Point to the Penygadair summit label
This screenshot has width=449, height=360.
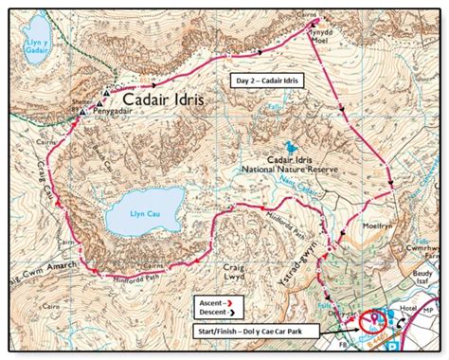120,109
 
